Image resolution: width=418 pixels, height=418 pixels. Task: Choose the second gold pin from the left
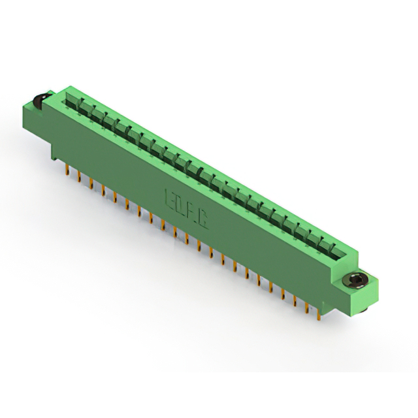point(79,178)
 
